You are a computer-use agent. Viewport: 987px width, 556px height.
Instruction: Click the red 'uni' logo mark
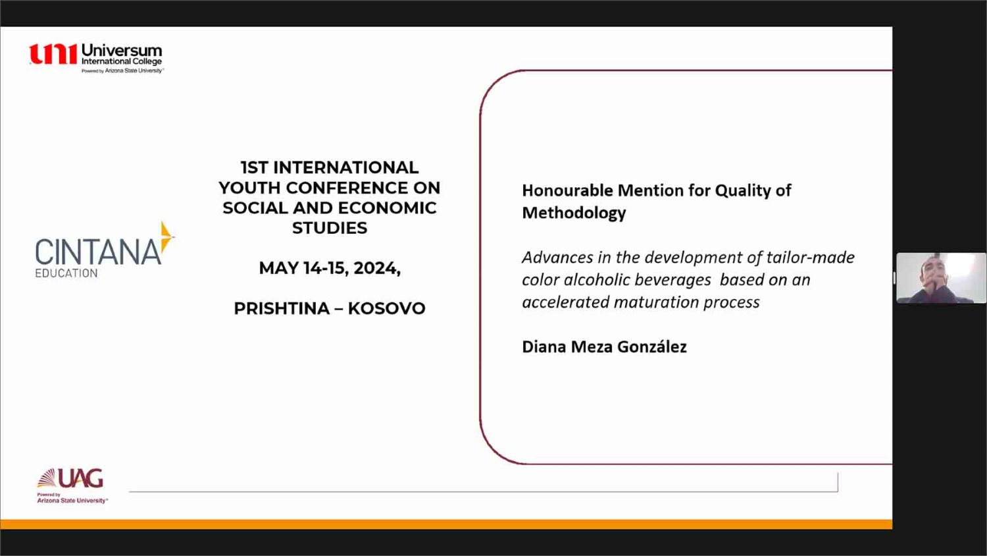coord(53,54)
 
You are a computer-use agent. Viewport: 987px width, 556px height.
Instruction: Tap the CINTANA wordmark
coord(98,252)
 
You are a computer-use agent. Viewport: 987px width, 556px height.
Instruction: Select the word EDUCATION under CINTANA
coord(66,273)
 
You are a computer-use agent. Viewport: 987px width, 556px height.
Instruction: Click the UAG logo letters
coord(81,478)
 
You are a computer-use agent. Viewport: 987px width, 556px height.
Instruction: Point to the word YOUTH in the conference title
coord(249,188)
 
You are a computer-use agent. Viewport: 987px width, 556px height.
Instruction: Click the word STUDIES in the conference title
coord(330,228)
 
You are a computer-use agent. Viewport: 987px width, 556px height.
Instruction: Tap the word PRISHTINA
coord(282,308)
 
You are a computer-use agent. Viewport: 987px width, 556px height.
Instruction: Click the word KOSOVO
coord(386,308)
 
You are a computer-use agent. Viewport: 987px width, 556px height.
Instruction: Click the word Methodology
coord(574,213)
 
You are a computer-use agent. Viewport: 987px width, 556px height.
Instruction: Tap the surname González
coord(651,347)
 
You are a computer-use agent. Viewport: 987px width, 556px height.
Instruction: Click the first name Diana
coord(544,347)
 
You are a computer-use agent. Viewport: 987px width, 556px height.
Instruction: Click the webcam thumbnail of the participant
coord(941,278)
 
